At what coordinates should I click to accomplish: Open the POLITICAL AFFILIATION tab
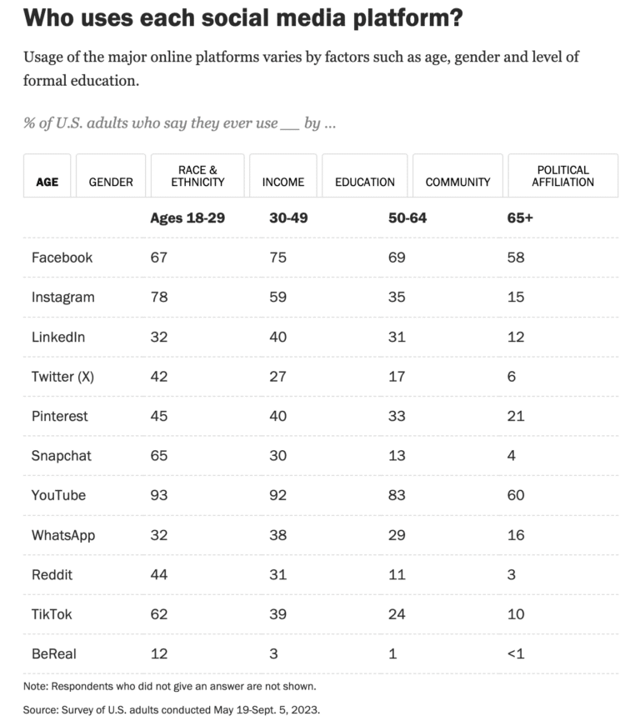click(562, 176)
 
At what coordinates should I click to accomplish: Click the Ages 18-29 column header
click(187, 218)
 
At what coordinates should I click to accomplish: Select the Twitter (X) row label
click(62, 376)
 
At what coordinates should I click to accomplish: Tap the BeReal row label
click(55, 653)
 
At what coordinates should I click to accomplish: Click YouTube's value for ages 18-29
click(158, 495)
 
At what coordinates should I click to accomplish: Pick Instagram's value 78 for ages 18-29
click(158, 297)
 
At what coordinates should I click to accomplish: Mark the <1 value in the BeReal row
click(517, 653)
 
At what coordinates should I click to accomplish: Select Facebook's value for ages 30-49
click(277, 258)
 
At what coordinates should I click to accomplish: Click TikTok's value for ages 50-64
click(397, 614)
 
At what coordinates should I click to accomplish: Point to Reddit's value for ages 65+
click(512, 574)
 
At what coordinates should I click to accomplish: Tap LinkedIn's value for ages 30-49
click(277, 337)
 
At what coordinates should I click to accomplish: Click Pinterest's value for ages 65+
click(516, 416)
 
